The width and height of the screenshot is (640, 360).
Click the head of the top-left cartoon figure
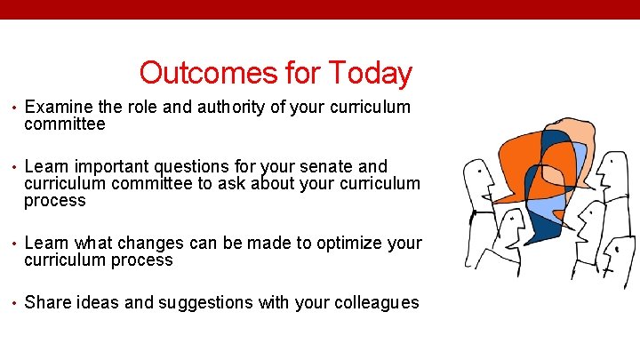coord(481,178)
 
